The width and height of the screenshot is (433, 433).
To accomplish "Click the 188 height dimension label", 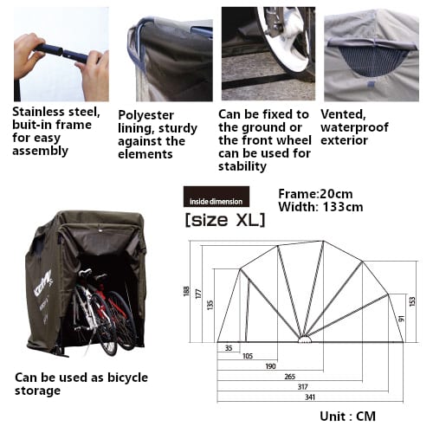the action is [x=186, y=291].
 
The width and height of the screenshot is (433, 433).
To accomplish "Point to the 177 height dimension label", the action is [x=198, y=294].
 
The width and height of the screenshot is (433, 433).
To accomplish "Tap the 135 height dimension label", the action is [x=210, y=305].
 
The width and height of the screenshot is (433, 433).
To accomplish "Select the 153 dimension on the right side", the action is [x=412, y=301].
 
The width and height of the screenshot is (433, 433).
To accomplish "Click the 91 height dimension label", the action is [x=401, y=319].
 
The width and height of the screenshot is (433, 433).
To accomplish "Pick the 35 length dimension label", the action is [x=229, y=348].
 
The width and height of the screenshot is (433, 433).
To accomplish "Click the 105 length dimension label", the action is [x=248, y=356].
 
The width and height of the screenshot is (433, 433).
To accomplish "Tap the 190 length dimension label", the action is [x=270, y=366].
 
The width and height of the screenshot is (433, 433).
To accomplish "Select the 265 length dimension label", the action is [x=290, y=377].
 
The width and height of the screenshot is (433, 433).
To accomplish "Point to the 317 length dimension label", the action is [x=303, y=387].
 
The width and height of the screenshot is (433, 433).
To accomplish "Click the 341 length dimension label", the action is [x=310, y=397].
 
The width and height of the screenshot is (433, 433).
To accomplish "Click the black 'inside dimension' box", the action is [x=216, y=197].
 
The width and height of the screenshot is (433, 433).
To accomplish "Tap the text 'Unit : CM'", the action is [x=348, y=417].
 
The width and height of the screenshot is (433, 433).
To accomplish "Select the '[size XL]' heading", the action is [x=225, y=220].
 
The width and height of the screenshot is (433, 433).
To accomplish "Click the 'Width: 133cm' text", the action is [x=320, y=207].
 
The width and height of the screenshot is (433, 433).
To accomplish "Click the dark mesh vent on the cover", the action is [x=372, y=61].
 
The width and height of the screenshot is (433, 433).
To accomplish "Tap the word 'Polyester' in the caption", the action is [x=146, y=115].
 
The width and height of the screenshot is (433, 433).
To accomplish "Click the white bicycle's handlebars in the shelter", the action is [x=85, y=272].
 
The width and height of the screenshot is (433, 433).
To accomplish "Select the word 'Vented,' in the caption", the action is [x=343, y=114].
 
